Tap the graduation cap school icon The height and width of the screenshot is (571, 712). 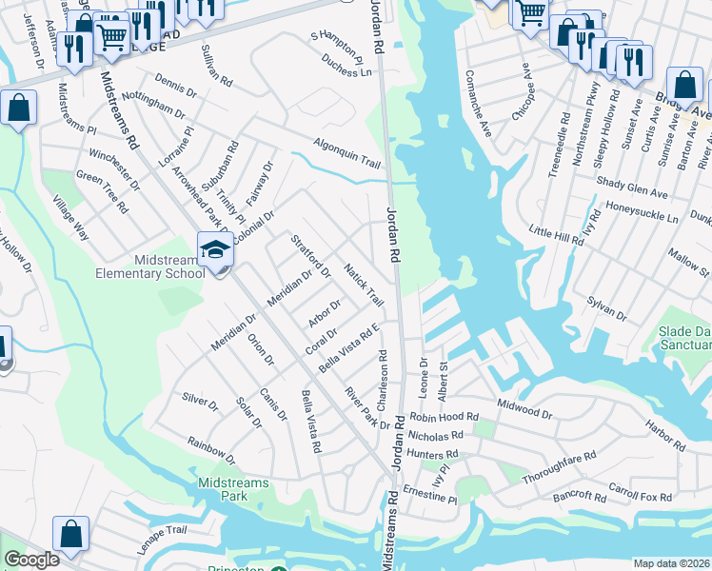coord(216,250)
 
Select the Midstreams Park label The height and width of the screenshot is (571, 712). coord(234,489)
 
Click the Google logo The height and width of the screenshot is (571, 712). coord(31,560)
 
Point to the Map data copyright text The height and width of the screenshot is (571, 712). coord(672,563)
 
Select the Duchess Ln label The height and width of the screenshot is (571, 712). coord(346,64)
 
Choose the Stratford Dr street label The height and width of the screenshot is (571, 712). coord(309,255)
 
